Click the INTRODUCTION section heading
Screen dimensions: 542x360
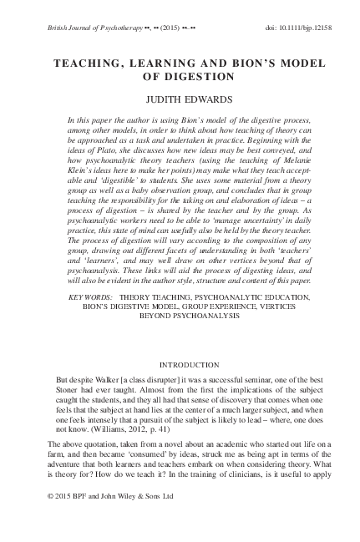click(180, 364)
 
